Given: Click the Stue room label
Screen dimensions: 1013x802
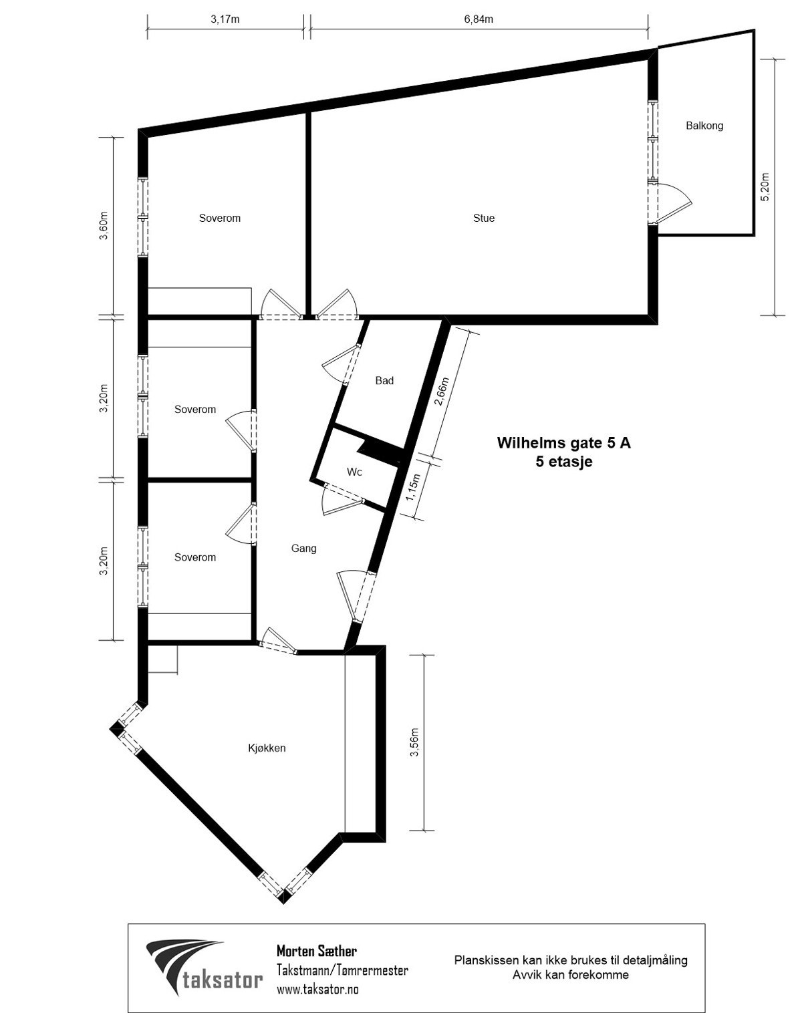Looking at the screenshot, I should [483, 219].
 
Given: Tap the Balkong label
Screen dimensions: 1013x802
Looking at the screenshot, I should [704, 126].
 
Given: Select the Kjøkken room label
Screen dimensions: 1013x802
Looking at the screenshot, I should [267, 748].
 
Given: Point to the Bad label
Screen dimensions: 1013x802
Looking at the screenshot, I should [384, 381].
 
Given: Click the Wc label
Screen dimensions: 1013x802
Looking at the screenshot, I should [354, 472].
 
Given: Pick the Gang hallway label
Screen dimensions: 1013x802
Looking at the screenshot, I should [303, 549].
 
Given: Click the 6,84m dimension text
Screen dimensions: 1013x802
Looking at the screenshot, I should [479, 19].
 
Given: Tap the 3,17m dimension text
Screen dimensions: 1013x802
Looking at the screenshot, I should [225, 19].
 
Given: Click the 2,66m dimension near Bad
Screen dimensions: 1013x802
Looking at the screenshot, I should [440, 394].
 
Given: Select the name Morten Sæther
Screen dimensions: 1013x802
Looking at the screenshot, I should [316, 950].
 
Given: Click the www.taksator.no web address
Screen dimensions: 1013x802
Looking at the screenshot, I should [317, 989].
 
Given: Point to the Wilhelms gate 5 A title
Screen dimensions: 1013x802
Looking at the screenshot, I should [563, 442].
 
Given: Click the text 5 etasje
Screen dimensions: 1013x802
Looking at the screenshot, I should [563, 461].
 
